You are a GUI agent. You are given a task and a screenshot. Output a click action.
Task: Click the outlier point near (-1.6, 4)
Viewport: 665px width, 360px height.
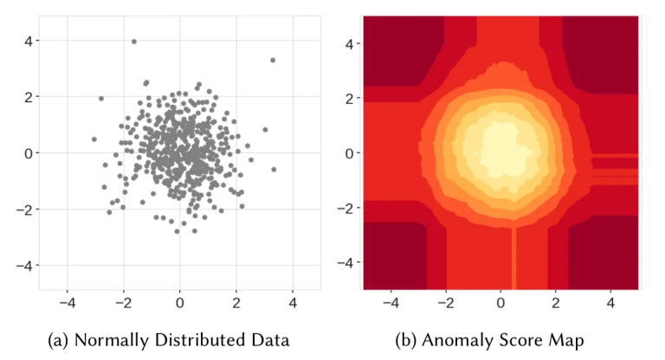click(x=133, y=41)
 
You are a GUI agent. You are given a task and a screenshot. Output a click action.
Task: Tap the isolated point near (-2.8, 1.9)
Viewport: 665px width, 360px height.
click(x=100, y=99)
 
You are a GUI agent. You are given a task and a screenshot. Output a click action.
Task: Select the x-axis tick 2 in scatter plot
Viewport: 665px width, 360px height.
click(x=236, y=304)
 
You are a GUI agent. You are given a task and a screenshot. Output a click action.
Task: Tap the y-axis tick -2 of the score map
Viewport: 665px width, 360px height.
click(x=346, y=209)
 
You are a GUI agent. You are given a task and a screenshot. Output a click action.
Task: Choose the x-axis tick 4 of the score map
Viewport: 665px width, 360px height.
click(x=611, y=304)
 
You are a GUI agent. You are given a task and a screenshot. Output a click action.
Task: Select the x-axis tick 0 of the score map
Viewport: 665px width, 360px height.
click(x=500, y=304)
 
